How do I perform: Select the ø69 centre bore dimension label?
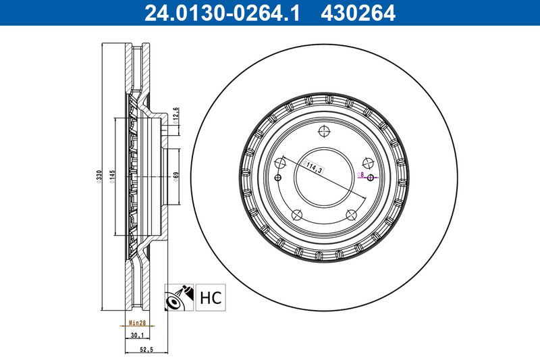point(175,177)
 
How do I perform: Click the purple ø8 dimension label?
point(362,174)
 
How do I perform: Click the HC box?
point(211,297)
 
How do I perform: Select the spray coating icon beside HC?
point(179,297)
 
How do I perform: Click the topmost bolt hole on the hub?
point(323,132)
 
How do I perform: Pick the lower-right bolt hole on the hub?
point(350,215)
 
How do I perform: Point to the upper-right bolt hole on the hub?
point(368,162)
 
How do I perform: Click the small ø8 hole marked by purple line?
point(371,178)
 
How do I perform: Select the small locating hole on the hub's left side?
point(277,178)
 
